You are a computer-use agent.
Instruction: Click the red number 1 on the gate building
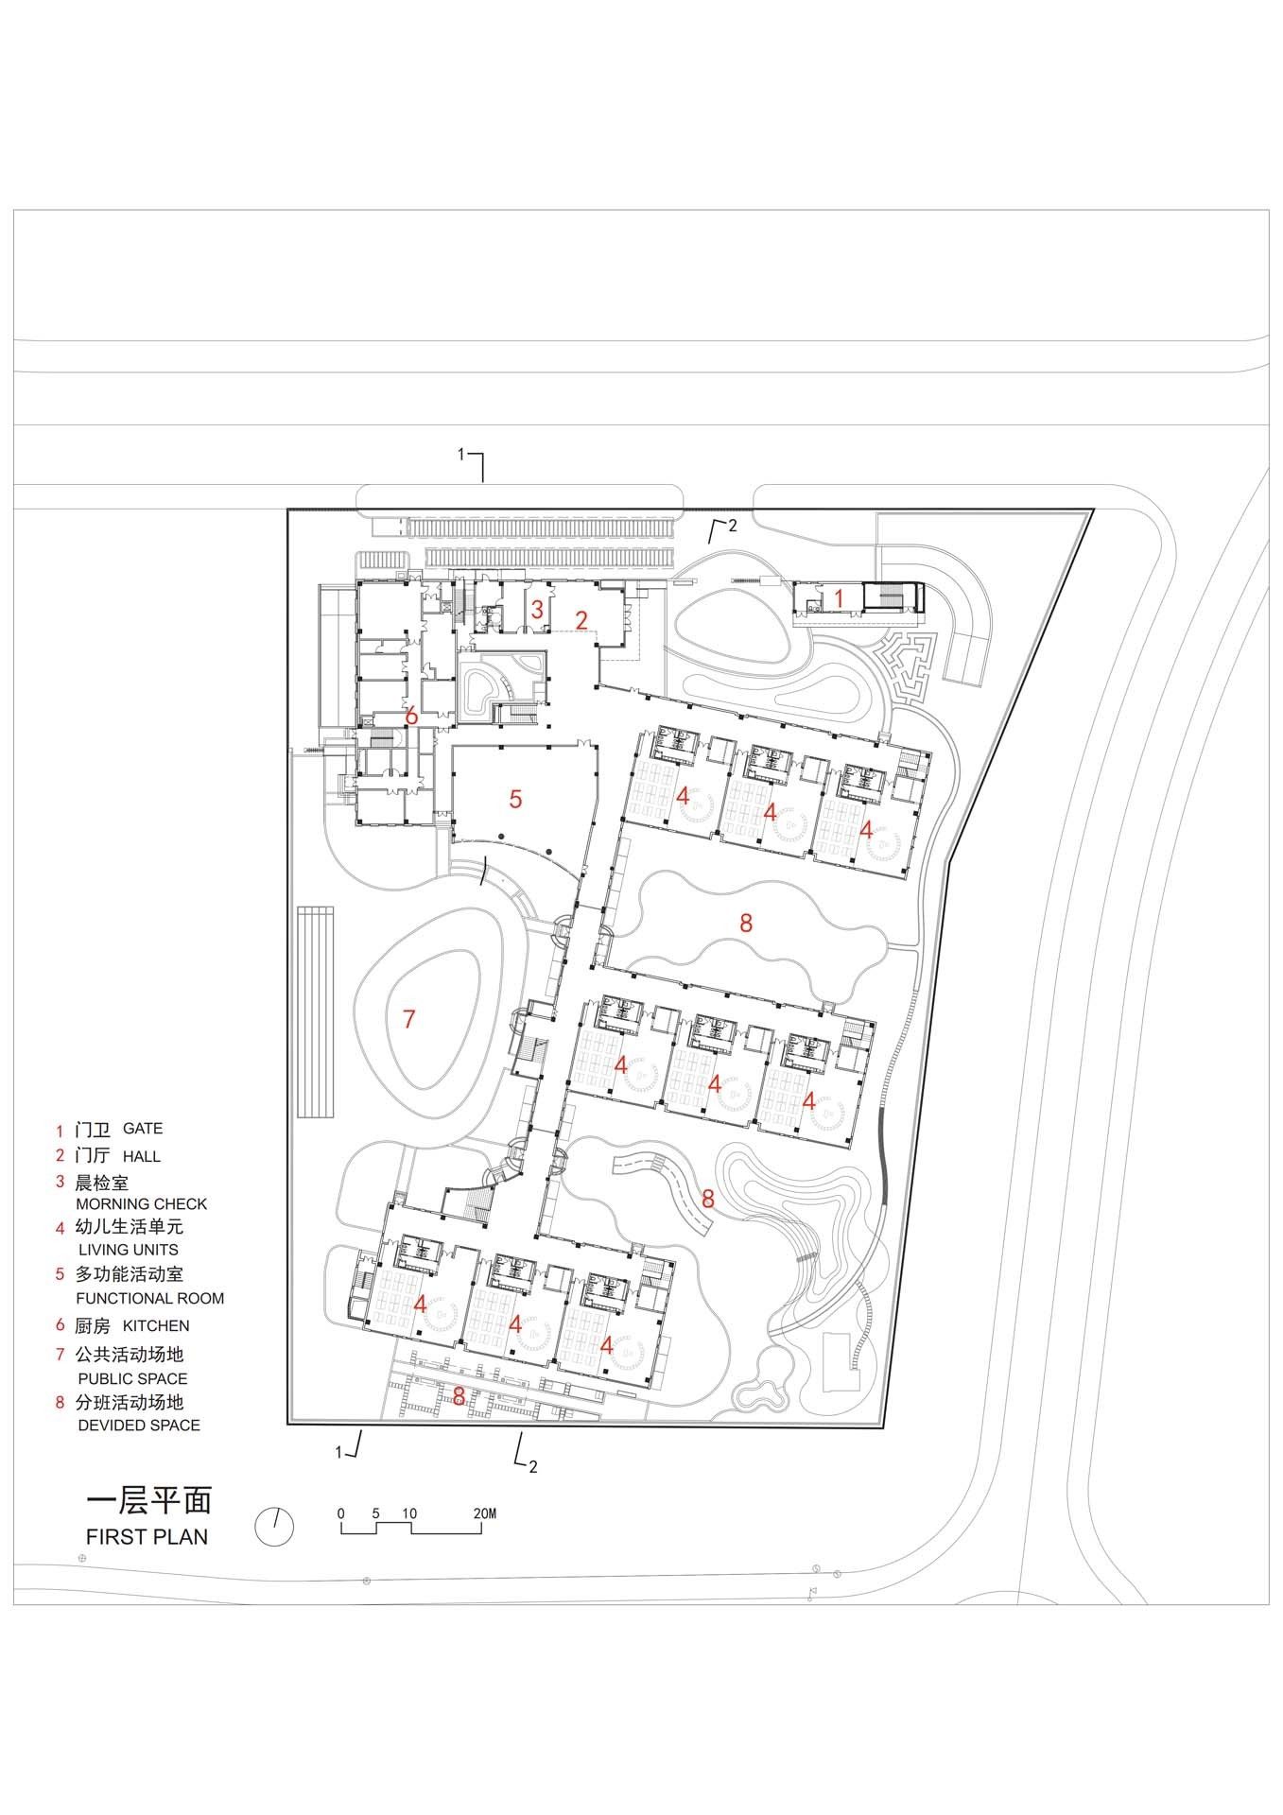[836, 598]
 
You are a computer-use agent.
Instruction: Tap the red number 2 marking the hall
[582, 620]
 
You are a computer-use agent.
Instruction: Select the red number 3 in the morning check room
[537, 610]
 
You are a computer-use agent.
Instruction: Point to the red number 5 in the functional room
[515, 799]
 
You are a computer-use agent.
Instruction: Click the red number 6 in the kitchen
[411, 716]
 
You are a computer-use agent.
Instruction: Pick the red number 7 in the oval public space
[408, 1019]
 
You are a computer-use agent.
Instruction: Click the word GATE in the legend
[143, 1128]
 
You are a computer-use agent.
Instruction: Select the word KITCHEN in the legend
[156, 1325]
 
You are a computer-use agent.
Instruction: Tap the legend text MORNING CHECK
[141, 1203]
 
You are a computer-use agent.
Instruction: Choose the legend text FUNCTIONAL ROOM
[150, 1298]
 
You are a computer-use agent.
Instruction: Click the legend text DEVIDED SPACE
[139, 1425]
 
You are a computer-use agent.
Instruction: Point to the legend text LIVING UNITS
[129, 1250]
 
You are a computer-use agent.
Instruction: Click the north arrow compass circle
[274, 1526]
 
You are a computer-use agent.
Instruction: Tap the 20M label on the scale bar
[484, 1513]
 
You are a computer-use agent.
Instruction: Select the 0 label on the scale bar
[341, 1513]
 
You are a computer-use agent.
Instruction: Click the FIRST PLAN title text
[147, 1536]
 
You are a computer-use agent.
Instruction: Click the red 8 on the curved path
[708, 1199]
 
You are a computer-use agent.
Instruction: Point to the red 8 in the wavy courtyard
[746, 923]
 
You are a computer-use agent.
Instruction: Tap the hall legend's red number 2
[60, 1155]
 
